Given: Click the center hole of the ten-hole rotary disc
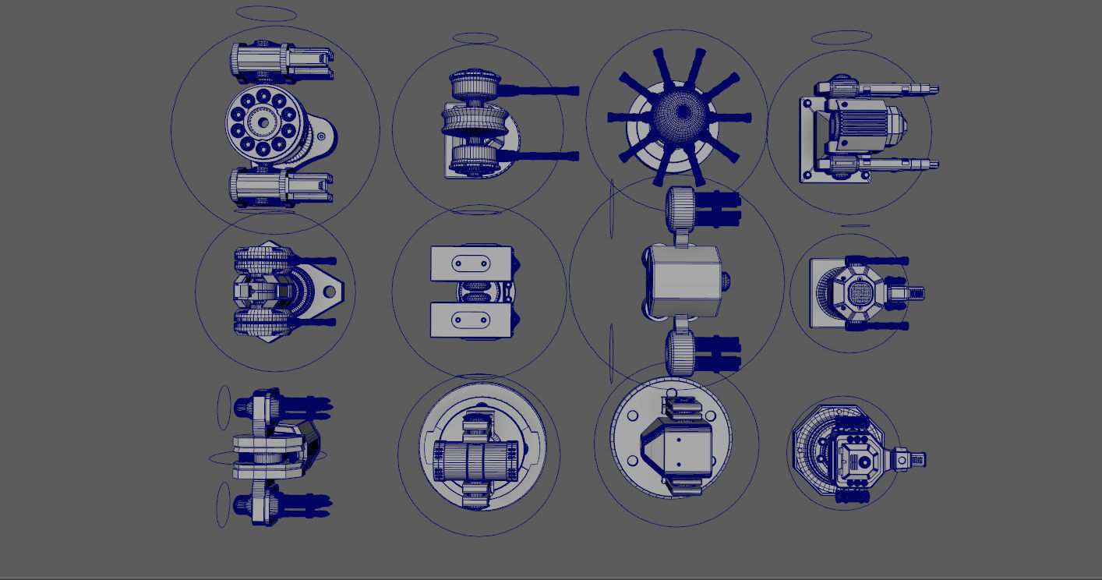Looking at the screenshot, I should coord(263,123).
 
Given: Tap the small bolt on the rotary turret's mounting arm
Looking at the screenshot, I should coord(321,136).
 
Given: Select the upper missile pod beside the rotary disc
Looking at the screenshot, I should coord(281,62).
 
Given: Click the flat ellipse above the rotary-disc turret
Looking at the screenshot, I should coord(266,13).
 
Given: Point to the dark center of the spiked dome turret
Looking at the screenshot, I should coord(683,112).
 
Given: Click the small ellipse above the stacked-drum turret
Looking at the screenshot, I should coord(475,37).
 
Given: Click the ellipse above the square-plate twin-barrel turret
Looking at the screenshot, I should coord(841,37).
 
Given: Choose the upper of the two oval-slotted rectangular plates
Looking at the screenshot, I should coord(471,263).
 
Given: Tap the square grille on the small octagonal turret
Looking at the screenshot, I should coord(859,294).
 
